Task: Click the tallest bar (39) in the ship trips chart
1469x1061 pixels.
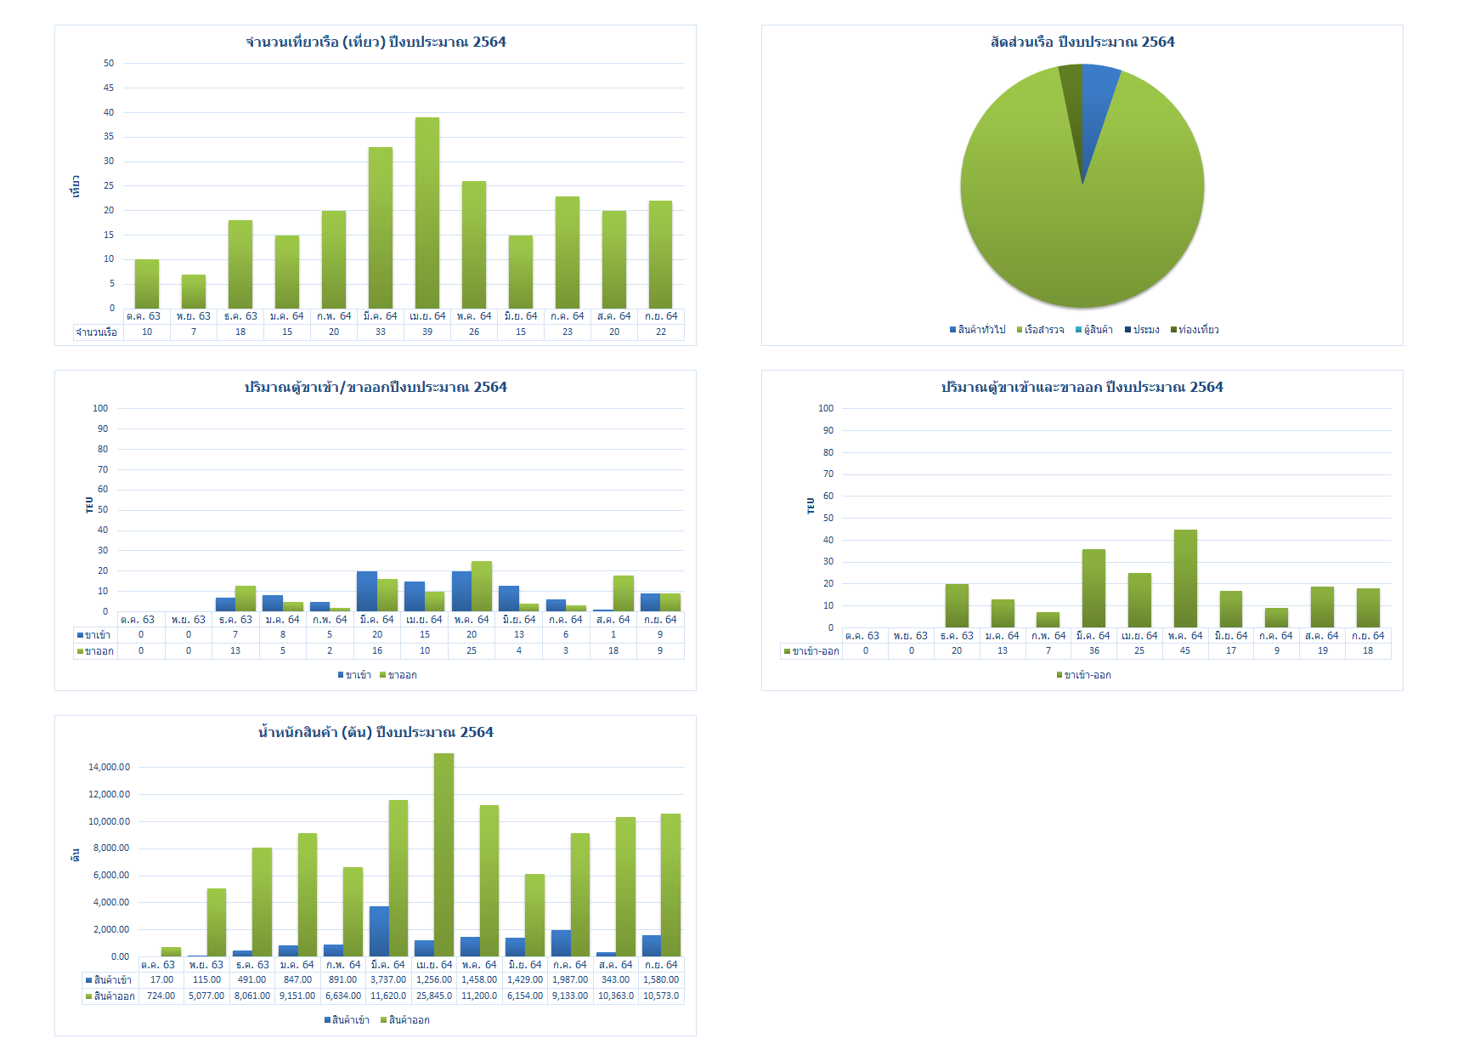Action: [427, 213]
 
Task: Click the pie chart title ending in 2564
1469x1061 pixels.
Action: [1082, 42]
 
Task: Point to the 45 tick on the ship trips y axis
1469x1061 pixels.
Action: [109, 88]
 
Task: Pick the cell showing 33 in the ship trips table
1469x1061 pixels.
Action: [381, 332]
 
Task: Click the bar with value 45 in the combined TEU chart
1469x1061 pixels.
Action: [1185, 578]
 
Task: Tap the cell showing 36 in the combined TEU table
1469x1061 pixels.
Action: [1093, 651]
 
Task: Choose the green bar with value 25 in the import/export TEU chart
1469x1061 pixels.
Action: [482, 586]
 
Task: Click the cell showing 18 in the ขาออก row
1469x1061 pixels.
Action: [613, 651]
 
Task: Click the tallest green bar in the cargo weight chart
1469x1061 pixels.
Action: [444, 854]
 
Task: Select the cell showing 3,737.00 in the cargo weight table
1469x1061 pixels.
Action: [388, 980]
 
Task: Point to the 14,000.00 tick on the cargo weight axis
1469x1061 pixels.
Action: [110, 767]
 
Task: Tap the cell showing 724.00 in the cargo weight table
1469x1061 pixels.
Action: [161, 996]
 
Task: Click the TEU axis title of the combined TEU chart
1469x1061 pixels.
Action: [811, 506]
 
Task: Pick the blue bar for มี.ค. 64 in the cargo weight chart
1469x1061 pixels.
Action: [379, 931]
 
